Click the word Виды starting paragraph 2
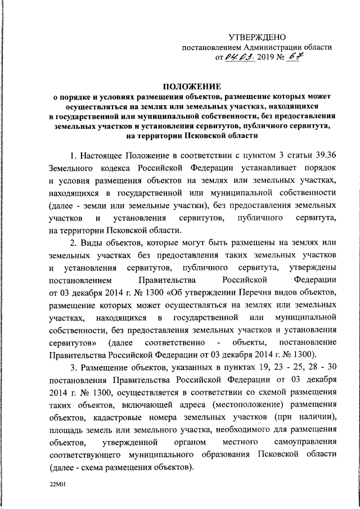[92, 242]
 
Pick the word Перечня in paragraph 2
[250, 292]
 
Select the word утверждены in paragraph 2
[311, 268]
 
